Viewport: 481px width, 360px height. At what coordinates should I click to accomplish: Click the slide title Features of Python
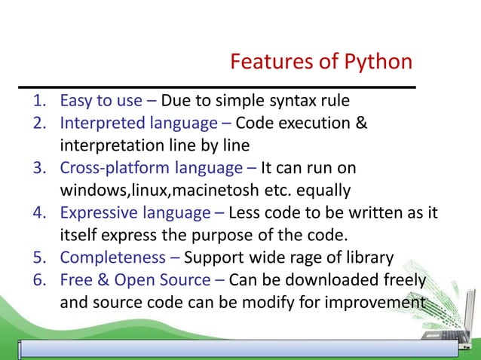pyautogui.click(x=321, y=61)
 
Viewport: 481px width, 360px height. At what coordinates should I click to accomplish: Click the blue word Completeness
pyautogui.click(x=114, y=258)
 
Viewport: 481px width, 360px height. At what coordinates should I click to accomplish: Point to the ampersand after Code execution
pyautogui.click(x=360, y=123)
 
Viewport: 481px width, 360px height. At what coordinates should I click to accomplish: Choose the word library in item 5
pyautogui.click(x=367, y=258)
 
